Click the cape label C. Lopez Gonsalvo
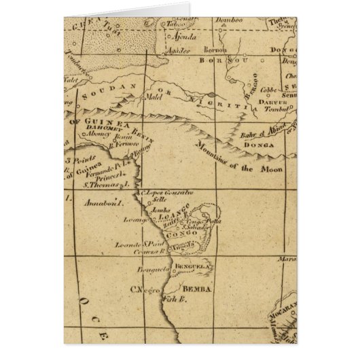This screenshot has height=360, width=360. pos(167,194)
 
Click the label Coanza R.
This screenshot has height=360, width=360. pos(158,251)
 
